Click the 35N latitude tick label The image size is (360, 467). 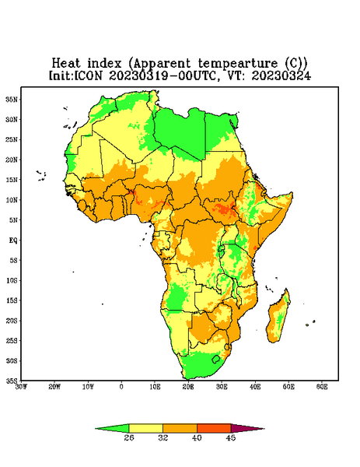[x=12, y=100]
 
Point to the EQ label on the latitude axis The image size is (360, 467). [x=13, y=241]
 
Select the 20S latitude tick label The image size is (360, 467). [x=12, y=321]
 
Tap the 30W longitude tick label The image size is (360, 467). [x=22, y=387]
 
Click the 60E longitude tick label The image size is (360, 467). [x=322, y=387]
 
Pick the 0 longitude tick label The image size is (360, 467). [x=121, y=387]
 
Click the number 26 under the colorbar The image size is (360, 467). [x=129, y=437]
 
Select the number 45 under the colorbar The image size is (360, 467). [x=231, y=437]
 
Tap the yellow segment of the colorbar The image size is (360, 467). [x=145, y=428]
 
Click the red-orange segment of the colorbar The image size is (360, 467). [x=214, y=428]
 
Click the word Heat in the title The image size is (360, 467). [x=66, y=64]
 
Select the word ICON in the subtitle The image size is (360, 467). [x=88, y=75]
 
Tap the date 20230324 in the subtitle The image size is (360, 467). [x=281, y=75]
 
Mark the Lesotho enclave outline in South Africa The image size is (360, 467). [x=216, y=359]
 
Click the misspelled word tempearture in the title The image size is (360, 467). [x=238, y=64]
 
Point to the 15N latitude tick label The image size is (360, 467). [x=12, y=180]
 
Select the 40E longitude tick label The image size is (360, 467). [x=255, y=387]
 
